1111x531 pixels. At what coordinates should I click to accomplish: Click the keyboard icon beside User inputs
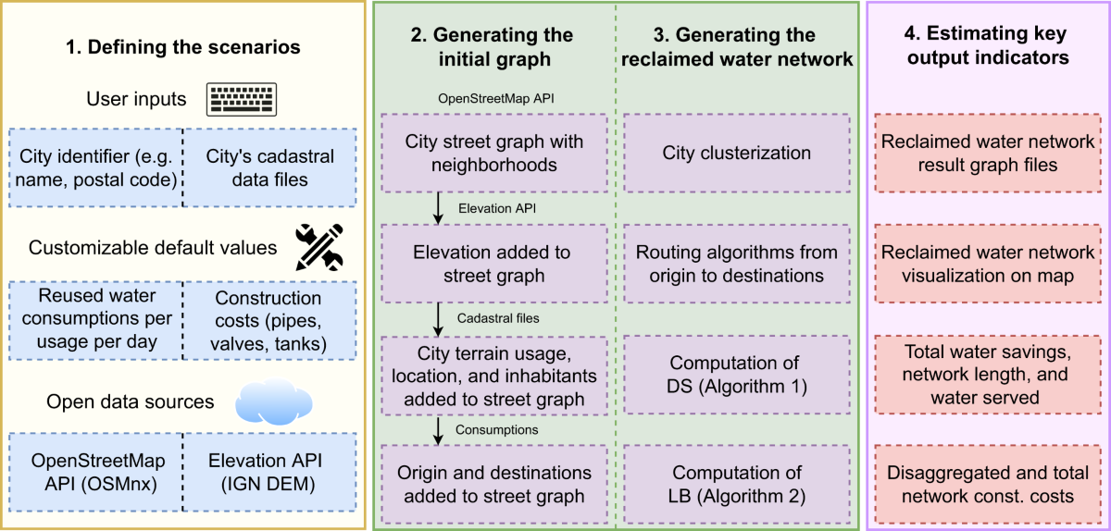pyautogui.click(x=243, y=99)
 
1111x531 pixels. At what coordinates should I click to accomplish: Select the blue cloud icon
pyautogui.click(x=274, y=401)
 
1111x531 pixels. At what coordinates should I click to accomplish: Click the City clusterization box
pyautogui.click(x=737, y=154)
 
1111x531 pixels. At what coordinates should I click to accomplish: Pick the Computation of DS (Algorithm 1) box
pyautogui.click(x=737, y=376)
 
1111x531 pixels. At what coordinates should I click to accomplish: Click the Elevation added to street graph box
pyautogui.click(x=493, y=264)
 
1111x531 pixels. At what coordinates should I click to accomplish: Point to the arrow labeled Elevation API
pyautogui.click(x=438, y=210)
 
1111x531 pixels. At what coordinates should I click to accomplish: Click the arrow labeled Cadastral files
pyautogui.click(x=438, y=319)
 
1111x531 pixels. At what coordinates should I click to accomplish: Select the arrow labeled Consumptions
pyautogui.click(x=438, y=429)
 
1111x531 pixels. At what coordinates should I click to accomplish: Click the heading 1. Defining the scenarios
pyautogui.click(x=183, y=45)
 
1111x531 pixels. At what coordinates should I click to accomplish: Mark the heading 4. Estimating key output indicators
pyautogui.click(x=986, y=45)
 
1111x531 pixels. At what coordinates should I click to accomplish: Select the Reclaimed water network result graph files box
pyautogui.click(x=987, y=154)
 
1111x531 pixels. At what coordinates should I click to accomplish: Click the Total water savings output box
pyautogui.click(x=987, y=376)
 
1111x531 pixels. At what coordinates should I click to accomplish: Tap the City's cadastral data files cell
pyautogui.click(x=270, y=167)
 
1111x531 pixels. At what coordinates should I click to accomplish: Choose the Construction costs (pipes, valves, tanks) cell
pyautogui.click(x=270, y=321)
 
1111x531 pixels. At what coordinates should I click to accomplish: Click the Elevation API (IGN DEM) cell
pyautogui.click(x=270, y=471)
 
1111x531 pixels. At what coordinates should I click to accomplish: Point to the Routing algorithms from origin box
pyautogui.click(x=737, y=264)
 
